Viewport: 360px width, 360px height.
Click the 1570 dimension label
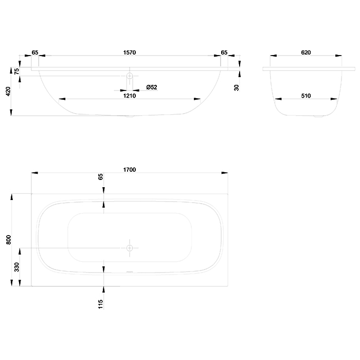point(130,52)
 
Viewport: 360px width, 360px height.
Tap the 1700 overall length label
point(130,170)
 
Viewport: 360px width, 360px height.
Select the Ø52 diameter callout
point(152,87)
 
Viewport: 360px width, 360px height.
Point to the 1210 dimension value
point(130,96)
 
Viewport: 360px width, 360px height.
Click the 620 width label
point(306,52)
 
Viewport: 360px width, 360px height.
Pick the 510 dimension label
point(306,96)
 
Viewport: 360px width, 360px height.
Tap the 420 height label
point(8,92)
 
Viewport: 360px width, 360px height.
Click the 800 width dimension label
point(9,240)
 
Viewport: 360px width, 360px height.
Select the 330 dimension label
point(17,267)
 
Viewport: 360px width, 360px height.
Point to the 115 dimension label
point(101,304)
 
